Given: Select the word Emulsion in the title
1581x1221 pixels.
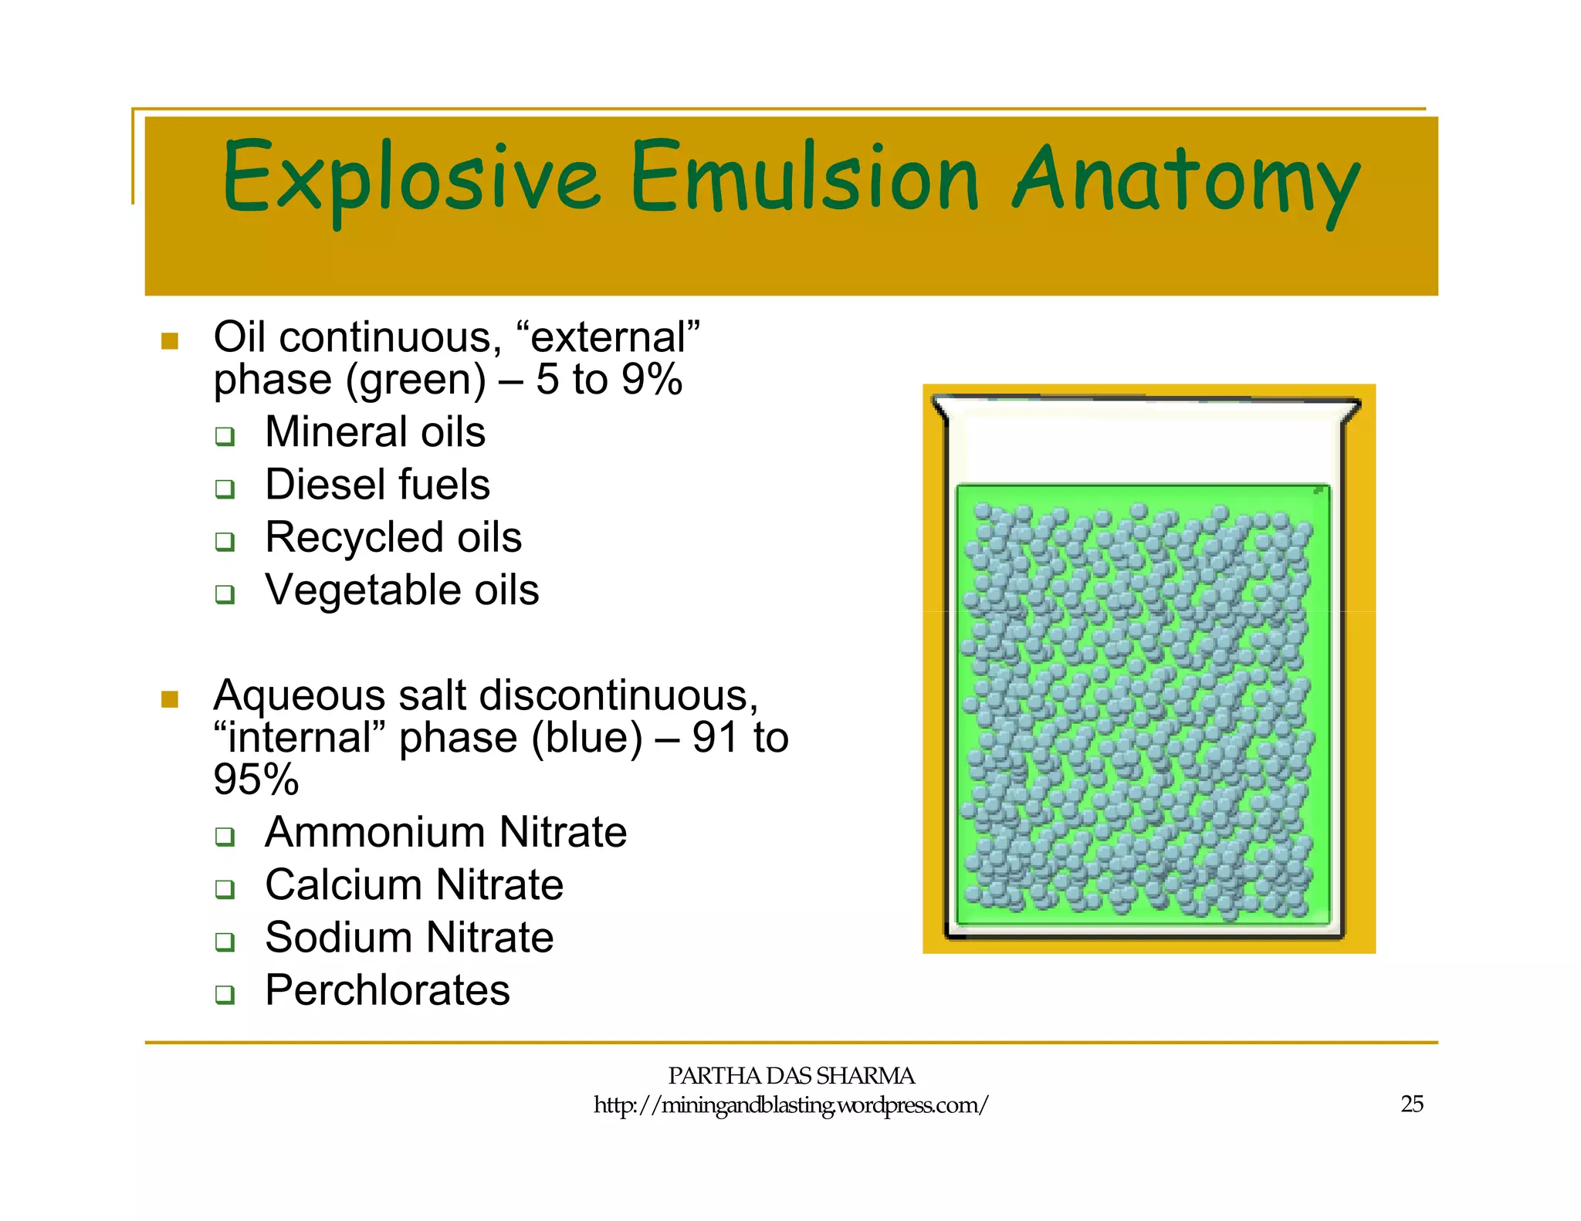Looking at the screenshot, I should pos(805,178).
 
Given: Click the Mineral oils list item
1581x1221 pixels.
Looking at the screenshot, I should pos(375,431).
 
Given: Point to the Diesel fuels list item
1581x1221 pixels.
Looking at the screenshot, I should pos(377,485).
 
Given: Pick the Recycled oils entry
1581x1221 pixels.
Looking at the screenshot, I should pos(393,537).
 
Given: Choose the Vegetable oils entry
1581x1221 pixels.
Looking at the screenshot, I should pos(401,590).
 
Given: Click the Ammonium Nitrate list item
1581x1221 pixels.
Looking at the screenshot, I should pos(445,832).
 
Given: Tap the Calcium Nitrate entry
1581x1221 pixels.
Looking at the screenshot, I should pos(414,884).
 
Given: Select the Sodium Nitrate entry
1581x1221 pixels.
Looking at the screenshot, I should pos(409,938).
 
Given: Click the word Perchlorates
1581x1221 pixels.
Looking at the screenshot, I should pos(388,990).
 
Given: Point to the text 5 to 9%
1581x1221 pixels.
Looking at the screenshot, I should pos(609,380).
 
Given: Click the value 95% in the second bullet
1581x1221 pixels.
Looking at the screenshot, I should pos(256,780).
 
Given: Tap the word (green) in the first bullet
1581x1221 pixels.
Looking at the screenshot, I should pos(415,381).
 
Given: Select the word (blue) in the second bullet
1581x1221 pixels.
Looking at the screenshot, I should pos(587,738).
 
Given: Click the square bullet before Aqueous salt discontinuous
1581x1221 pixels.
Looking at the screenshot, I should pos(170,699).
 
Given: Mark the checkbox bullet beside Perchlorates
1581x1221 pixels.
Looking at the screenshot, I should pos(225,994).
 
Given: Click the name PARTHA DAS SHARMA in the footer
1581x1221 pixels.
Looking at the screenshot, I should pos(790,1076).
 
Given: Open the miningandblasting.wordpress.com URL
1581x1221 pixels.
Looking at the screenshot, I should pos(790,1105).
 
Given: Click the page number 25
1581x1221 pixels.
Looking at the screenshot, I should pos(1411,1104).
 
